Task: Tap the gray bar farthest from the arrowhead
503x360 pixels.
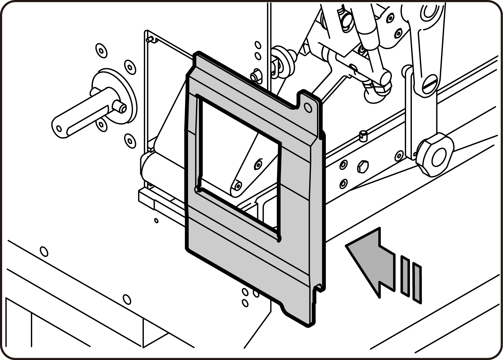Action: tap(417, 283)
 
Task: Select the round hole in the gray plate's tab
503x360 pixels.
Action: tap(308, 107)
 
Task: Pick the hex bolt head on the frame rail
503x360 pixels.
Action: tap(362, 166)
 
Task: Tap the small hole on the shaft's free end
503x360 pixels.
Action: tap(59, 128)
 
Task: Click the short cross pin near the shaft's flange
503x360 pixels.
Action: tap(119, 107)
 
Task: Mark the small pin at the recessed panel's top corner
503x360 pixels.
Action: tap(148, 39)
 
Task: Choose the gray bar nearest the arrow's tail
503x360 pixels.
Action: tap(405, 275)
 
